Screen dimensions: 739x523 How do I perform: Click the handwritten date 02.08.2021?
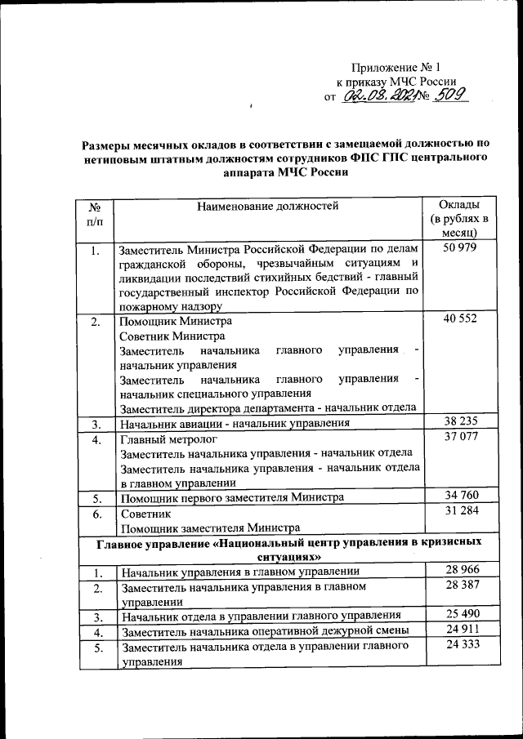pyautogui.click(x=378, y=96)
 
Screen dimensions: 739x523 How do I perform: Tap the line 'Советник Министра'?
pyautogui.click(x=170, y=336)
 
